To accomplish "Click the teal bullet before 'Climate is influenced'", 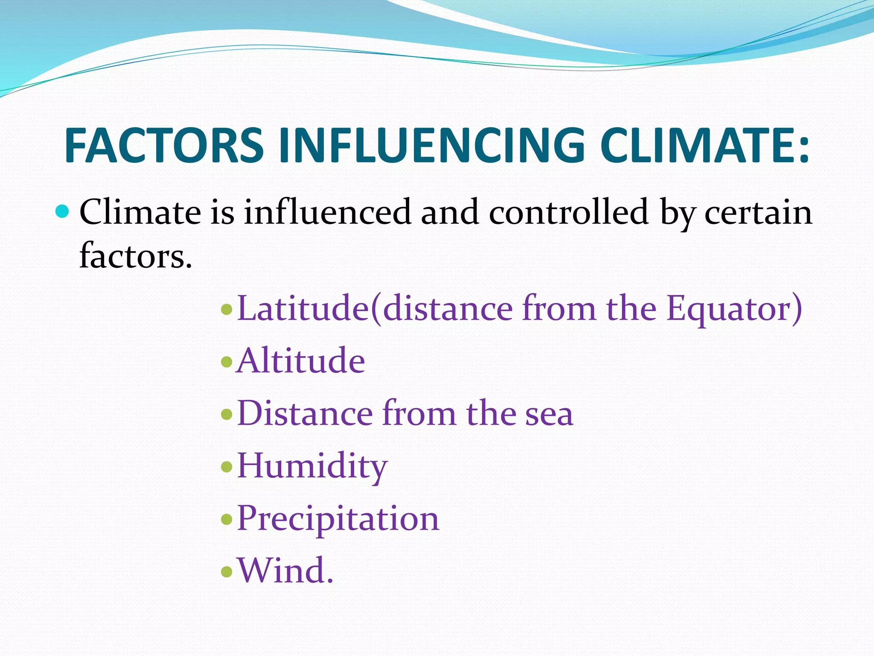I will [62, 211].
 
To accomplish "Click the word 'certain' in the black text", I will [758, 212].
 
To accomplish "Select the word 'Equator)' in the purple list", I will [734, 308].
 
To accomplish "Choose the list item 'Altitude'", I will [301, 361].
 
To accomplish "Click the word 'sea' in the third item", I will [549, 413].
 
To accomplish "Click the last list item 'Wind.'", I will [285, 571].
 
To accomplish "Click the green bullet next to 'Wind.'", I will [227, 571].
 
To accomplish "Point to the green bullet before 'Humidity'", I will [227, 467].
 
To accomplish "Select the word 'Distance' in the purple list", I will [304, 413].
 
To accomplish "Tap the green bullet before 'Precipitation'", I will [227, 519].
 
